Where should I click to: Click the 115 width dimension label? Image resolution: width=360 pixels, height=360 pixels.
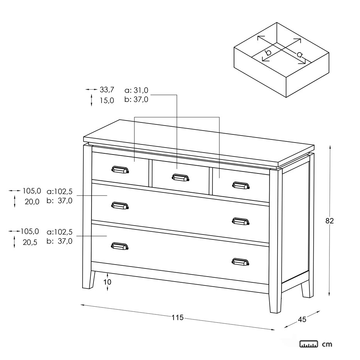pyautogui.click(x=178, y=318)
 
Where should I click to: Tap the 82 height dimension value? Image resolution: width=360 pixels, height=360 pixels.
pyautogui.click(x=329, y=221)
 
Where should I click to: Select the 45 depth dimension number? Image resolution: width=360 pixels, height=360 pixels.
pyautogui.click(x=302, y=319)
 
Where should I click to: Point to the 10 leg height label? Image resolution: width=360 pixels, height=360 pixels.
pyautogui.click(x=107, y=282)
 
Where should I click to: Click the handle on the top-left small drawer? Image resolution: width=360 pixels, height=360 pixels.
pyautogui.click(x=120, y=170)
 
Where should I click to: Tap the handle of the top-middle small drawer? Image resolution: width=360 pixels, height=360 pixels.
pyautogui.click(x=180, y=177)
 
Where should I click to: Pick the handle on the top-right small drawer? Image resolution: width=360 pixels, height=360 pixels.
pyautogui.click(x=241, y=185)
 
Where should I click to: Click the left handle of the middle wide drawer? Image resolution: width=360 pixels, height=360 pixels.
pyautogui.click(x=120, y=205)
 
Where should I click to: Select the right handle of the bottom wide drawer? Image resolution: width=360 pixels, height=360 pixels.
pyautogui.click(x=240, y=262)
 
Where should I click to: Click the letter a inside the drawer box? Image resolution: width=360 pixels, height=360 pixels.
pyautogui.click(x=299, y=54)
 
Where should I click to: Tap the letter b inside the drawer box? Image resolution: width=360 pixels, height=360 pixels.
pyautogui.click(x=268, y=53)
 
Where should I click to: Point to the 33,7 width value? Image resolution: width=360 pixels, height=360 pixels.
pyautogui.click(x=107, y=90)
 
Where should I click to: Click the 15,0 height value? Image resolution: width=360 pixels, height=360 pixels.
pyautogui.click(x=107, y=100)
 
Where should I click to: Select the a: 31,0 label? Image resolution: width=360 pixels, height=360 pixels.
pyautogui.click(x=136, y=90)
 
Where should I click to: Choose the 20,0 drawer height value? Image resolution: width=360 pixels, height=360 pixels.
pyautogui.click(x=32, y=202)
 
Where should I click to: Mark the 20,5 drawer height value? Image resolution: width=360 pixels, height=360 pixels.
pyautogui.click(x=30, y=242)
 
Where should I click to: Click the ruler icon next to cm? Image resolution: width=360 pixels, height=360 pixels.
pyautogui.click(x=309, y=344)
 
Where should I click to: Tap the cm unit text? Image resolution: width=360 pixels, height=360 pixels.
pyautogui.click(x=327, y=345)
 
